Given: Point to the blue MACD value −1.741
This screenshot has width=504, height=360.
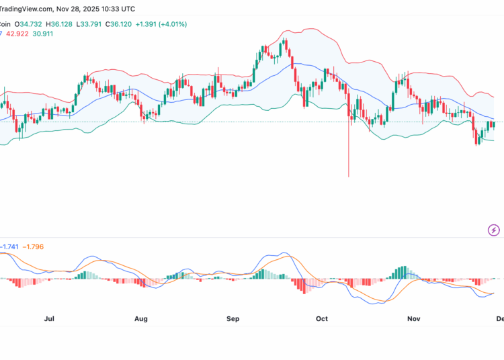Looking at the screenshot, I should pos(9,247).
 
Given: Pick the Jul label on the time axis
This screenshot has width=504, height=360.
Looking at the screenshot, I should pos(49,320).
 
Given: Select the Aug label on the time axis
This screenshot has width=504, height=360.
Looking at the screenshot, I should pos(141,320).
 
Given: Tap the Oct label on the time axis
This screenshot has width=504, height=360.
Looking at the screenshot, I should pos(323,320).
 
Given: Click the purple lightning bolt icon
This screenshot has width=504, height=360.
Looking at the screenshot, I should pos(495,230).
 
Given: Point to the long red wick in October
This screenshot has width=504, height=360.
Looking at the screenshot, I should pos(349,154).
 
